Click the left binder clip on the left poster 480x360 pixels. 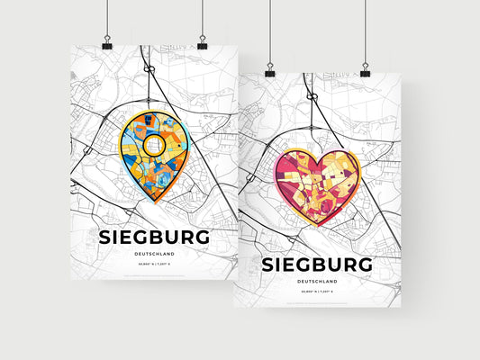107,44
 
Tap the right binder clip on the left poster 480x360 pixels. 202,44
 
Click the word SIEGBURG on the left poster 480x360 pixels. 157,238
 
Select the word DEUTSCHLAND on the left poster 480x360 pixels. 157,255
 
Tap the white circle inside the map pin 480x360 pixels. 154,144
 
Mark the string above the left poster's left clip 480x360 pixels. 107,18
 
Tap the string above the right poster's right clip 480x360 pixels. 365,31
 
